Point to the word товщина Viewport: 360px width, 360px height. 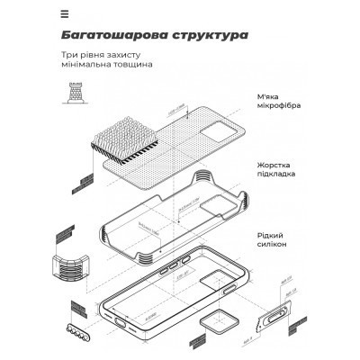pyautogui.click(x=132, y=67)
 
